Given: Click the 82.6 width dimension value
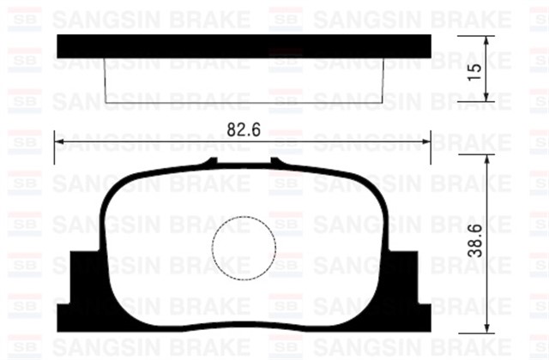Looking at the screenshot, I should [244, 129].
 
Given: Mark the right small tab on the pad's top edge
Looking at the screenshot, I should [277, 162].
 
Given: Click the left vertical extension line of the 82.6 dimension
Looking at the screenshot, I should [55, 150].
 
